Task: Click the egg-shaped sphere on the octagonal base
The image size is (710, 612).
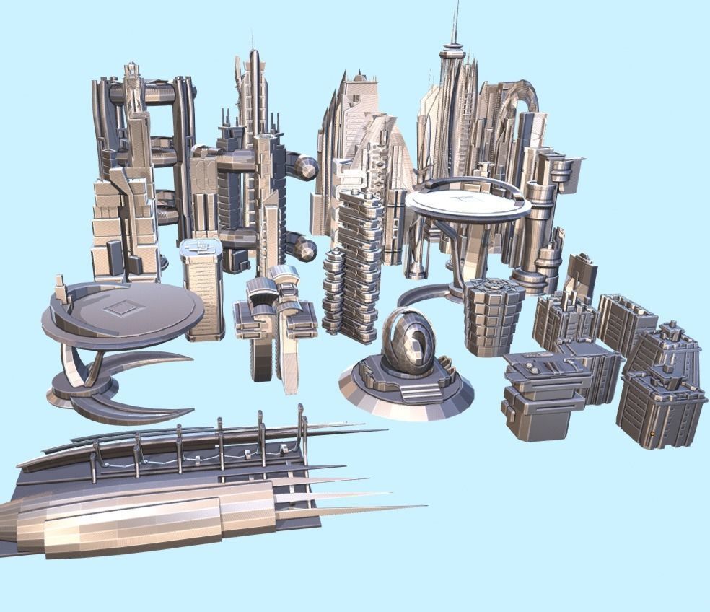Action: point(408,341)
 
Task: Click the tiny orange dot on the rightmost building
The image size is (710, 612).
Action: point(652,434)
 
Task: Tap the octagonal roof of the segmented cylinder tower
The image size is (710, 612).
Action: point(494,287)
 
